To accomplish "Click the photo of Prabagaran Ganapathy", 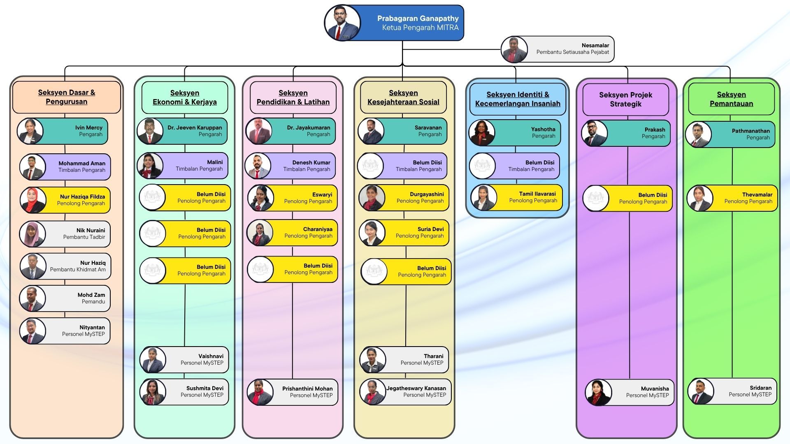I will click(342, 23).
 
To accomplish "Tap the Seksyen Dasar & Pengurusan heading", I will click(67, 97).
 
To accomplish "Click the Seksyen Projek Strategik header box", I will click(625, 99).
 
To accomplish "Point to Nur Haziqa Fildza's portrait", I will click(33, 200).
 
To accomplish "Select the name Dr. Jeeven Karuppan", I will click(195, 127).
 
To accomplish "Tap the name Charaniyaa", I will click(318, 229).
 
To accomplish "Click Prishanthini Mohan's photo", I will click(260, 392).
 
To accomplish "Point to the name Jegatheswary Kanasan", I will click(416, 388).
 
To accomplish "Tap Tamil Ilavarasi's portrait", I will click(484, 198).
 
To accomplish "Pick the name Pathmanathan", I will click(750, 131).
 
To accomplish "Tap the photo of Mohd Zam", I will click(33, 298).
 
